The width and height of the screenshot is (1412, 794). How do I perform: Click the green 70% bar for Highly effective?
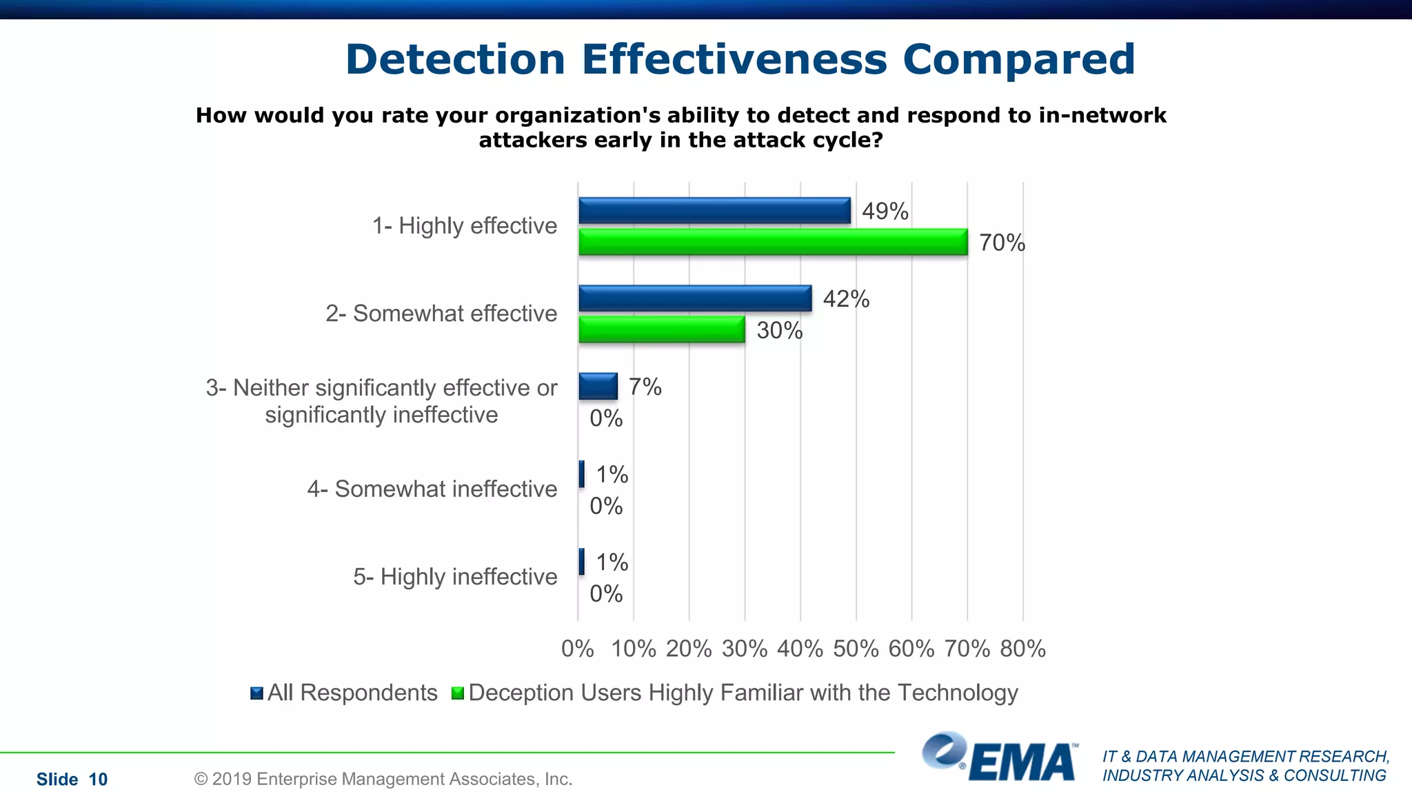pos(772,242)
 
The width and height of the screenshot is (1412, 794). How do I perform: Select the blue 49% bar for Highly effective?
pos(714,210)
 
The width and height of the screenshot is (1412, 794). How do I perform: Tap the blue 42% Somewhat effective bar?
pos(695,298)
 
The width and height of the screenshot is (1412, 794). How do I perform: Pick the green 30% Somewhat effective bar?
pos(662,329)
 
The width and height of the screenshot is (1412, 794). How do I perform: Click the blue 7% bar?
pos(598,386)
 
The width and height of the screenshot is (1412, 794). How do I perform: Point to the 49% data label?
pos(885,211)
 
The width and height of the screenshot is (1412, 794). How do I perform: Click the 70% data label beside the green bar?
pos(1002,243)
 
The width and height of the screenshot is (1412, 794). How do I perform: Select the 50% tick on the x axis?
pos(856,649)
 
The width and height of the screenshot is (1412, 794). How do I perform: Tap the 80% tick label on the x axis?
pos(1022,649)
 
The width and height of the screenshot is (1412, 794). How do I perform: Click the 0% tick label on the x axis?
pos(577,649)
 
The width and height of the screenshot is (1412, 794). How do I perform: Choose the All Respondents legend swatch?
pos(256,693)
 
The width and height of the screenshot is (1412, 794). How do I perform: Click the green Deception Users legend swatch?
pos(457,693)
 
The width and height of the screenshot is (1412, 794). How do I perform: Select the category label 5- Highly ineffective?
pos(455,576)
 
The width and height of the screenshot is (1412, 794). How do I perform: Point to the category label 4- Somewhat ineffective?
pos(432,489)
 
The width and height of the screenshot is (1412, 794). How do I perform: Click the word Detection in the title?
pos(455,59)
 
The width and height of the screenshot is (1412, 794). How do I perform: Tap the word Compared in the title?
pos(1018,59)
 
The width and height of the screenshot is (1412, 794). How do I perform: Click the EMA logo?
pos(1000,758)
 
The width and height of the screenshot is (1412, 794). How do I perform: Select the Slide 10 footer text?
pos(72,780)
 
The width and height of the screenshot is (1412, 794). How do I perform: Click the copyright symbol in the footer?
pos(201,780)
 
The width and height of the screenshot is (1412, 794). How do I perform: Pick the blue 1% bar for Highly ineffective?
pos(581,562)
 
